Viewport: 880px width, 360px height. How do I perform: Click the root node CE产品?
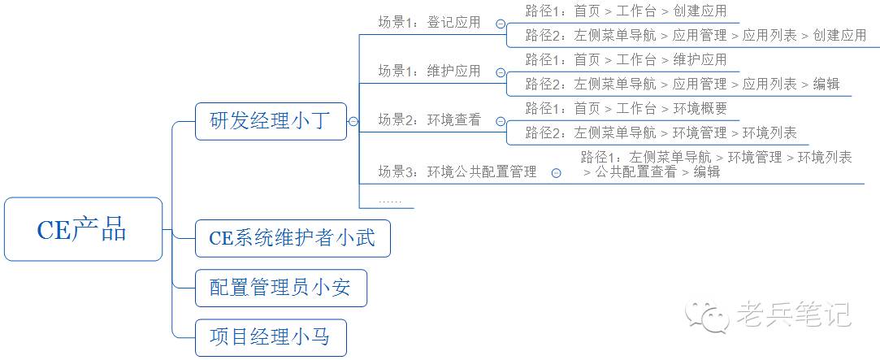coord(83,229)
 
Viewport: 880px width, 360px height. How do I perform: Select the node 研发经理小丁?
coord(271,121)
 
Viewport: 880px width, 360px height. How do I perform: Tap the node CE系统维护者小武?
coord(293,239)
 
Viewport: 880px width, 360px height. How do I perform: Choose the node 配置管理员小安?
coord(280,288)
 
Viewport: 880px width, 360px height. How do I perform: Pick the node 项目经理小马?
coord(271,337)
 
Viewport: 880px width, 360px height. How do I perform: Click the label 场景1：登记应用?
coord(429,23)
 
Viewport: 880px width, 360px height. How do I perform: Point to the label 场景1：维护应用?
coord(429,71)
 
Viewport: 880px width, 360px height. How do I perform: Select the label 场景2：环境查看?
coord(429,120)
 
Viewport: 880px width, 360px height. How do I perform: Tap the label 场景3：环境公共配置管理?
coord(457,171)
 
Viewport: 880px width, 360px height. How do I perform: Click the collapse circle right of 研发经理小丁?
coord(353,122)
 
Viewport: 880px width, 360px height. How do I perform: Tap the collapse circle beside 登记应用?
coord(499,24)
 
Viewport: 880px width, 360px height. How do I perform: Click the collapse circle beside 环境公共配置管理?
coord(556,172)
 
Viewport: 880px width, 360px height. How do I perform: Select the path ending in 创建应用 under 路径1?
coord(626,11)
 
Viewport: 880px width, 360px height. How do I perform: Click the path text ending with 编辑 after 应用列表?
coord(683,84)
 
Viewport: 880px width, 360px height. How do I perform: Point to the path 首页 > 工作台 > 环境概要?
coord(626,108)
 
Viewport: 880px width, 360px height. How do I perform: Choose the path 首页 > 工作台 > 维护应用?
coord(626,59)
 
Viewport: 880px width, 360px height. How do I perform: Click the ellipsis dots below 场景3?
coord(390,200)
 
